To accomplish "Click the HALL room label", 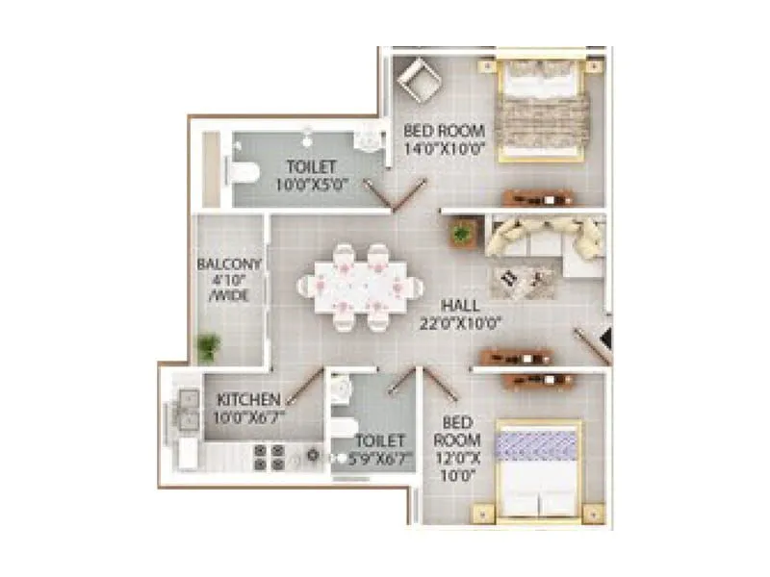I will tap(460, 305).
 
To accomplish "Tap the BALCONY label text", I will tap(223, 263).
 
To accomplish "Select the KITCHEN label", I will tap(248, 399).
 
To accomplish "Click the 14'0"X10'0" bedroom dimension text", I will tap(445, 149).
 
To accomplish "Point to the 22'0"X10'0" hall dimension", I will tap(459, 323).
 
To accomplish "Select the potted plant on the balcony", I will tap(207, 344).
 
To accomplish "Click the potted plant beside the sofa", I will tap(463, 231).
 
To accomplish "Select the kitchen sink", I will tap(182, 414).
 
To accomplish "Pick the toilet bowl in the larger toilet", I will tap(244, 173).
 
